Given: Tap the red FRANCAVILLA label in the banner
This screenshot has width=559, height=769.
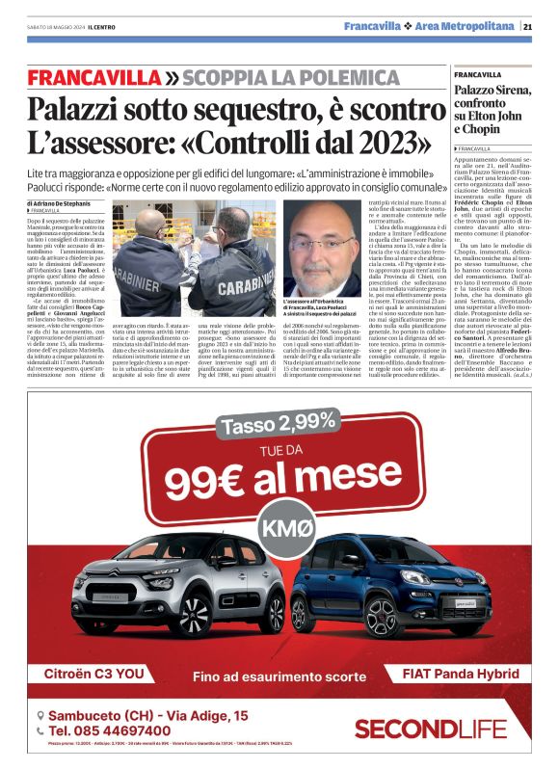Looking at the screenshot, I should coord(94,77).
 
